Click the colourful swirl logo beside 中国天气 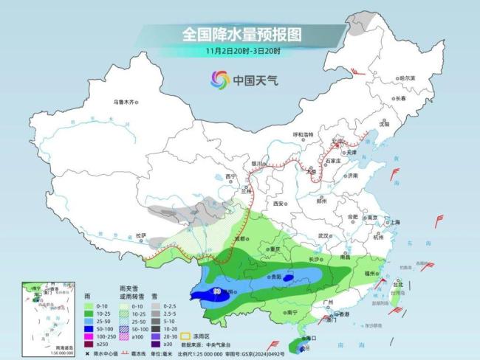219,79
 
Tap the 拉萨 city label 140,235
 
